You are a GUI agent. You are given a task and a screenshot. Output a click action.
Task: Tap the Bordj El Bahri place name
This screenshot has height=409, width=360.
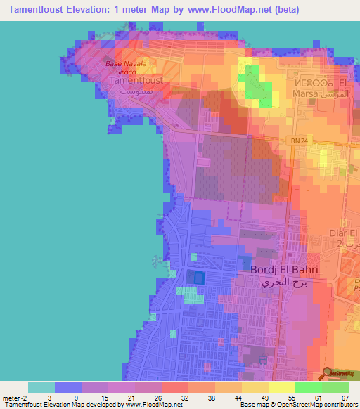(x=285, y=270)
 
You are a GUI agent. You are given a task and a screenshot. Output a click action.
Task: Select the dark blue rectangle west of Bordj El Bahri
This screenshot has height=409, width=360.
(x=198, y=277)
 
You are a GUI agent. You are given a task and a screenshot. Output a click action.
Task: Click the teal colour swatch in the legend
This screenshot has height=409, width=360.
(x=41, y=387)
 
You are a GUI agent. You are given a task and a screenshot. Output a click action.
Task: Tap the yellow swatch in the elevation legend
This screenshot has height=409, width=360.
(x=281, y=387)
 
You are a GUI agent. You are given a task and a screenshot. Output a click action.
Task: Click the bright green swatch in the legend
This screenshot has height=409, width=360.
(x=308, y=387)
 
